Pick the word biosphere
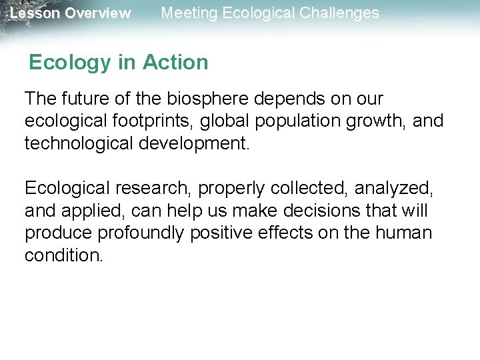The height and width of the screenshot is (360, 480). coord(198,99)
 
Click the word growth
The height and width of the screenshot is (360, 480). coord(385,122)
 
